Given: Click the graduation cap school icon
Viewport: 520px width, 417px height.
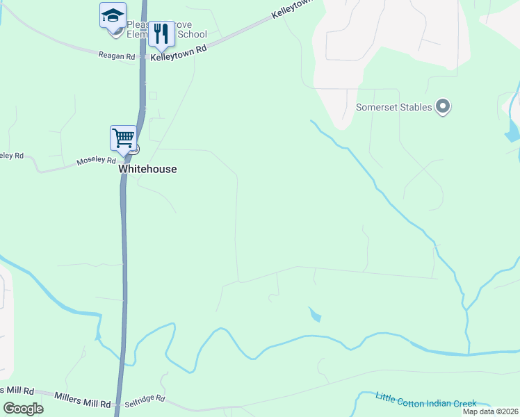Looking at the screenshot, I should pyautogui.click(x=113, y=16).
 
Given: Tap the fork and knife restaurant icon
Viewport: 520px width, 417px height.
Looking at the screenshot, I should pyautogui.click(x=161, y=33).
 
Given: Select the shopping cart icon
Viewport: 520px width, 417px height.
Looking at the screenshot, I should pyautogui.click(x=123, y=138).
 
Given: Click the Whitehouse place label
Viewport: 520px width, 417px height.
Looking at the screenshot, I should pyautogui.click(x=147, y=169).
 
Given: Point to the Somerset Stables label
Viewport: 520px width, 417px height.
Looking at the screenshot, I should pyautogui.click(x=394, y=107).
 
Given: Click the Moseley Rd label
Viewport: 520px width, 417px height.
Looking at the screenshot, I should pyautogui.click(x=96, y=162).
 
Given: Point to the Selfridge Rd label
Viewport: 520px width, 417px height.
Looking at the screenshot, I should pyautogui.click(x=145, y=400).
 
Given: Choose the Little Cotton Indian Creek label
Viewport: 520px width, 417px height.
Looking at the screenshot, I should pyautogui.click(x=425, y=400).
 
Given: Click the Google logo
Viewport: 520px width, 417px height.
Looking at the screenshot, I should pyautogui.click(x=24, y=408).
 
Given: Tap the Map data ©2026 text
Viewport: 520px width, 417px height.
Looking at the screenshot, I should pyautogui.click(x=489, y=411).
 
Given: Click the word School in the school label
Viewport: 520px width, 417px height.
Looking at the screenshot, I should pyautogui.click(x=193, y=34).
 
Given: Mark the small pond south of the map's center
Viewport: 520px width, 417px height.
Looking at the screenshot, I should pyautogui.click(x=315, y=315).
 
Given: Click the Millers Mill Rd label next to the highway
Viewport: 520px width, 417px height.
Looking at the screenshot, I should pyautogui.click(x=83, y=402).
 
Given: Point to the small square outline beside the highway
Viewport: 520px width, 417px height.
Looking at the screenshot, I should pyautogui.click(x=153, y=95).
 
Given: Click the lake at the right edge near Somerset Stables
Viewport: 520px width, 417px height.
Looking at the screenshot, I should pyautogui.click(x=513, y=130).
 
